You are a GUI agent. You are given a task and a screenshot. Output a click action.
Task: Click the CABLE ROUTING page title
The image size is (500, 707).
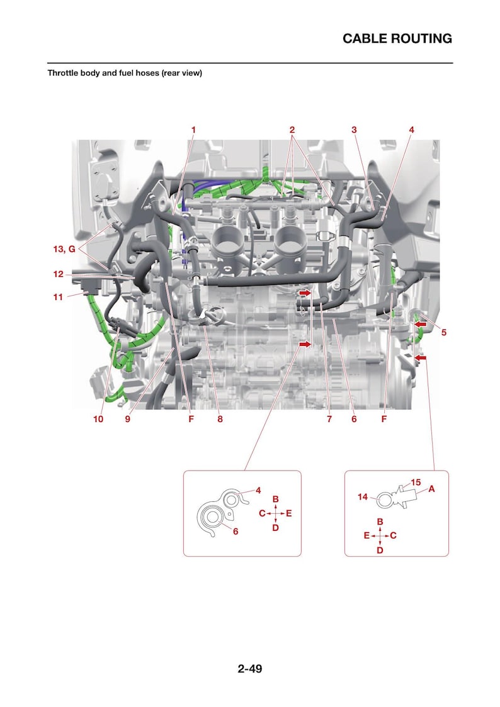(397, 39)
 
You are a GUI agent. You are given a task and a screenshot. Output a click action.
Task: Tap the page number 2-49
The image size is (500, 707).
(250, 668)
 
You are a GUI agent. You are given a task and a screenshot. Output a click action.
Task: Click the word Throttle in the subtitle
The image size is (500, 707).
(63, 72)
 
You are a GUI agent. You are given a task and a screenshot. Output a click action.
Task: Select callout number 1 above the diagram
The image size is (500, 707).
(193, 130)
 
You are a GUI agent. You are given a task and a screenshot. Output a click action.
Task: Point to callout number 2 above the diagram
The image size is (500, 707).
(292, 130)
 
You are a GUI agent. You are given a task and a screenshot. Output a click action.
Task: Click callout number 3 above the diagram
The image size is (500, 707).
(354, 130)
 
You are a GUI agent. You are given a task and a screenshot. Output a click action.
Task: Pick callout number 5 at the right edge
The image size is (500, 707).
(443, 332)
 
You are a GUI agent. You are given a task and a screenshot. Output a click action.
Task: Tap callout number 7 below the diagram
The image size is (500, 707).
(329, 419)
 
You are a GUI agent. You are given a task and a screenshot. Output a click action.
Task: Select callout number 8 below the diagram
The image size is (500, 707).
(220, 419)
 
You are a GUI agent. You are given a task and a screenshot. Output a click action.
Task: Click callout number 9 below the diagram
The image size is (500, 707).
(128, 419)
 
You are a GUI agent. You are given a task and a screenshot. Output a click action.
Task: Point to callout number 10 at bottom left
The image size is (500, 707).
(98, 419)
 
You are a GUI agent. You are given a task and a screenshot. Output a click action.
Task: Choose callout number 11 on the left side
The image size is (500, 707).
(58, 297)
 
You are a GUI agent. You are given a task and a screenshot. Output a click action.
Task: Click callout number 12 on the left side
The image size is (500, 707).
(58, 274)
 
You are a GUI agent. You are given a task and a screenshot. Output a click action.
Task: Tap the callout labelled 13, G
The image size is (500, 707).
(64, 249)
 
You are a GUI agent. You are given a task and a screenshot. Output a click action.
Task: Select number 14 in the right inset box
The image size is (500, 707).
(363, 497)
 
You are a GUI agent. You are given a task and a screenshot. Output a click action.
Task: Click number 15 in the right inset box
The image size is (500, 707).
(416, 482)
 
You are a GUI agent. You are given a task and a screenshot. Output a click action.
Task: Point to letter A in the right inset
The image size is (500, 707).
(432, 489)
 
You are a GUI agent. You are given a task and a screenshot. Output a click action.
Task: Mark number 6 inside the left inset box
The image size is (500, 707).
(236, 532)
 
